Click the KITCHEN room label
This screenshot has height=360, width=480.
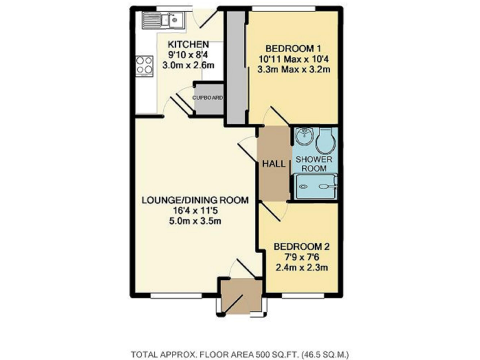click(187, 44)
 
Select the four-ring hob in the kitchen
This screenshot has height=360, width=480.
click(145, 65)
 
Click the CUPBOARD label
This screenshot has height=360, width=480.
click(207, 98)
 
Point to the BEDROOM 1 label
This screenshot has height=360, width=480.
click(293, 49)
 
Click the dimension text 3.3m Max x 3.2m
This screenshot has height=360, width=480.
click(294, 69)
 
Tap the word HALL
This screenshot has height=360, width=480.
click(274, 164)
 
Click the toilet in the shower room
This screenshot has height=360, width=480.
click(326, 141)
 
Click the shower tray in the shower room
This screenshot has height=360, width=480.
click(317, 185)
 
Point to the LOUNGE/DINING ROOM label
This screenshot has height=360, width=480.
click(195, 201)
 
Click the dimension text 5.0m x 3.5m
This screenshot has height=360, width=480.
click(196, 221)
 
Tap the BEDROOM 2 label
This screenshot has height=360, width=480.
click(302, 246)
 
